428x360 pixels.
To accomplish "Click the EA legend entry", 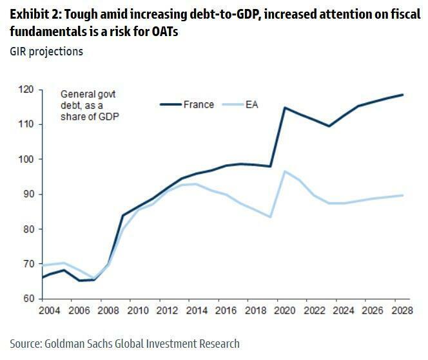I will (251, 104).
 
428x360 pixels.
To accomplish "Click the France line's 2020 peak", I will (284, 108).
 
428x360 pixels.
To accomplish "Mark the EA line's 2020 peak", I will (284, 171).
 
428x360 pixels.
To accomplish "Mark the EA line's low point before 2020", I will (270, 216).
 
